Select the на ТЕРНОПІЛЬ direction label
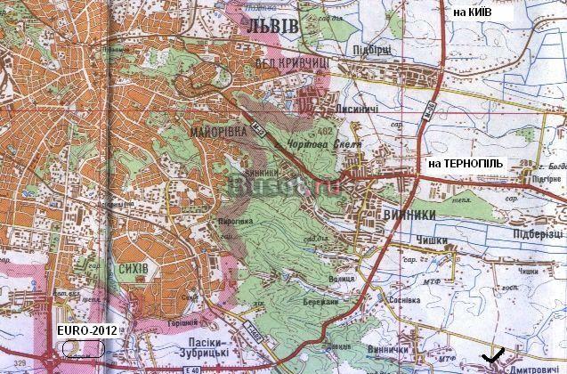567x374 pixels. (x=466, y=165)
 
